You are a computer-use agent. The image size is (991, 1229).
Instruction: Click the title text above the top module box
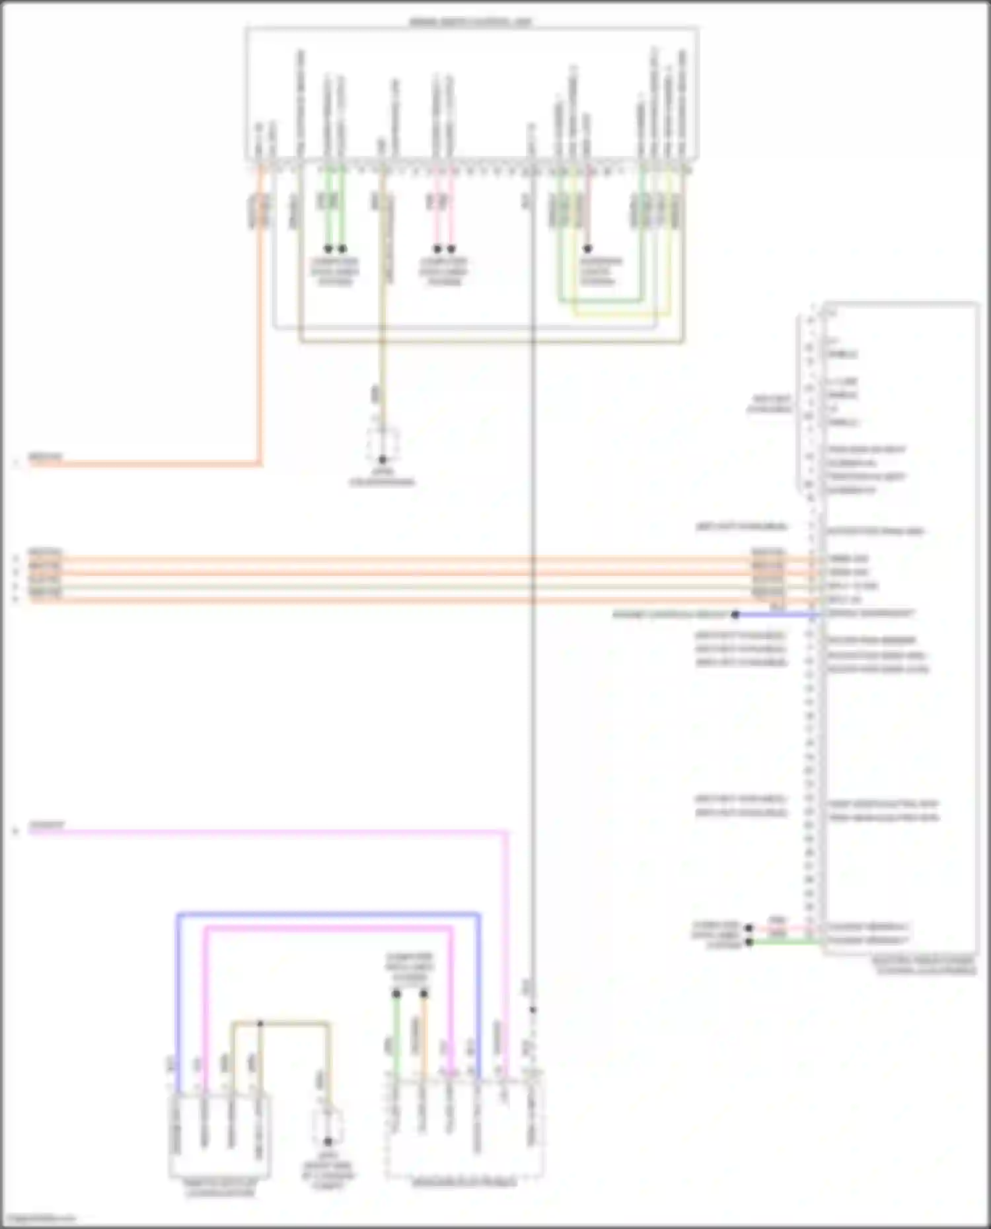(470, 22)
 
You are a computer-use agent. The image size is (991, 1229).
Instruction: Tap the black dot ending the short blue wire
(735, 615)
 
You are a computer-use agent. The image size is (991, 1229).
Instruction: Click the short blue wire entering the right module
(776, 615)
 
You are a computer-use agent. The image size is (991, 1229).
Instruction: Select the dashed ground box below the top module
(383, 444)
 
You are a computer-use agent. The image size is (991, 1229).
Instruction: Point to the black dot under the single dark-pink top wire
(587, 249)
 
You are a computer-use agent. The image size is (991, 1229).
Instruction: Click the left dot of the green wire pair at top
(328, 249)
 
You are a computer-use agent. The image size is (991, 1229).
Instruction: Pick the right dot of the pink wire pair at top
(451, 249)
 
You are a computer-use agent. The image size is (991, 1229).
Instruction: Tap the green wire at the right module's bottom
(786, 942)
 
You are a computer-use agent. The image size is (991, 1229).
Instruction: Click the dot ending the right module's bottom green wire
(749, 942)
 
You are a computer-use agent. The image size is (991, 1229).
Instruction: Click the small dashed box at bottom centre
(328, 1127)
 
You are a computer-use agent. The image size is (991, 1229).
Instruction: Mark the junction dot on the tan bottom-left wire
(260, 1024)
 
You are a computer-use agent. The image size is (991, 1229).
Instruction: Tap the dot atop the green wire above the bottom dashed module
(396, 993)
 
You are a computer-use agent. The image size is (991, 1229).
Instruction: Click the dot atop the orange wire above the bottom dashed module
(424, 993)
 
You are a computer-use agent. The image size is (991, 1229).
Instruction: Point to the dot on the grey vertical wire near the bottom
(533, 1010)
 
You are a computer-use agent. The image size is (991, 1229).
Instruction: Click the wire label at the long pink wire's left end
(47, 826)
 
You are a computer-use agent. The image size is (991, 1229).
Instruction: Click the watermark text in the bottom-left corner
(38, 1218)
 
